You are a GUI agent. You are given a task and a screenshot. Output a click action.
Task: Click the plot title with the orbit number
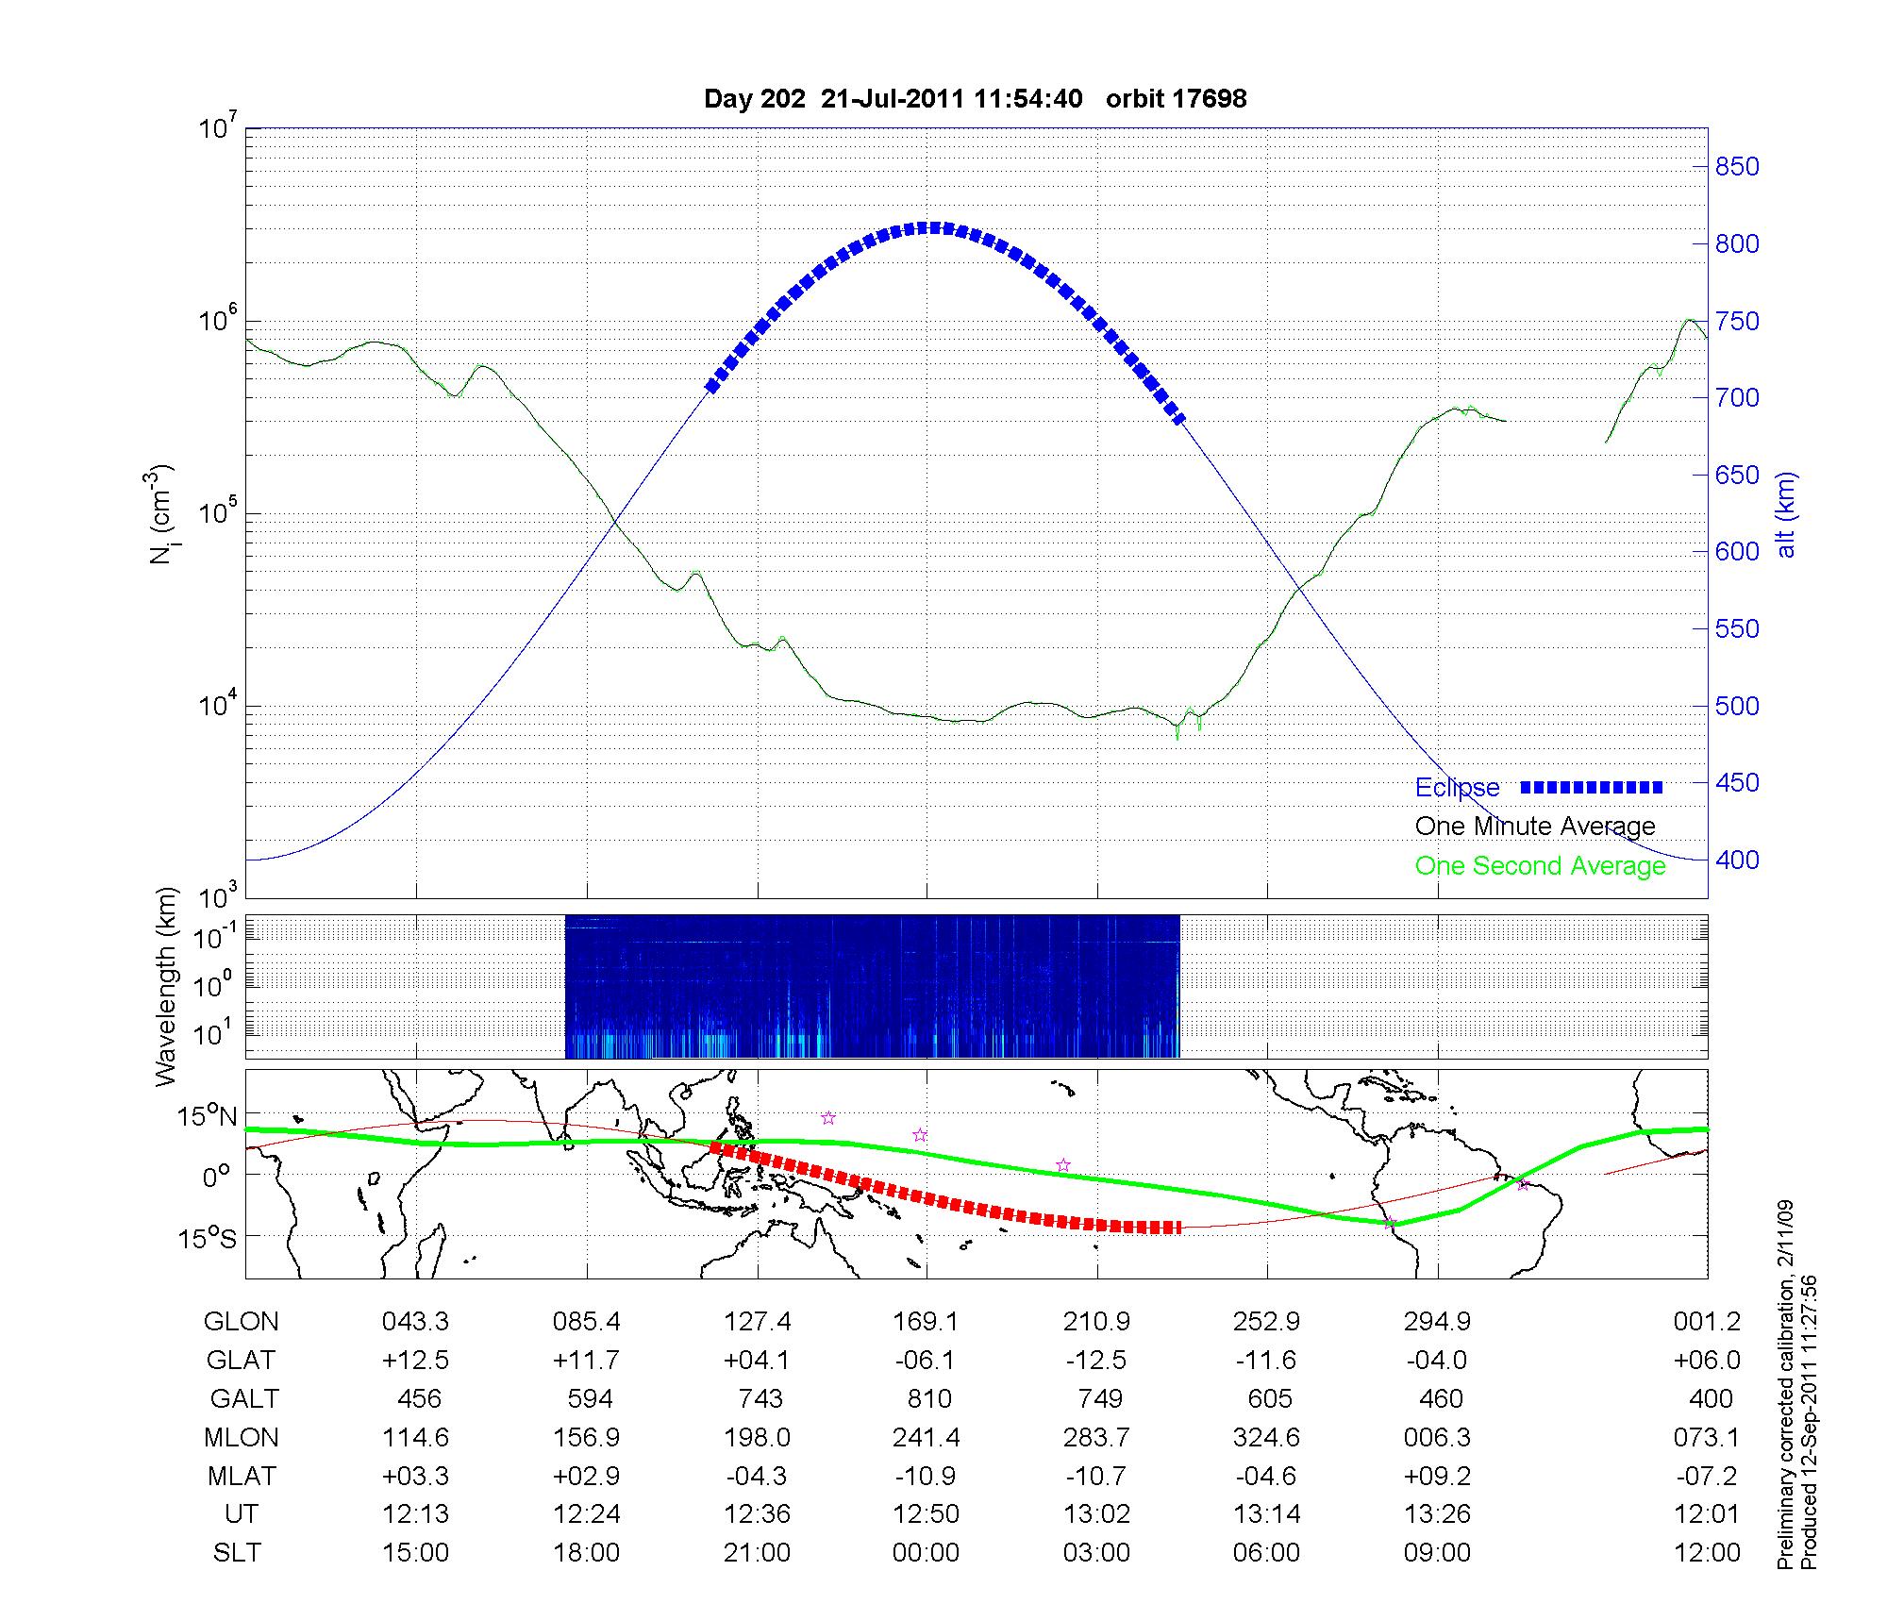point(975,98)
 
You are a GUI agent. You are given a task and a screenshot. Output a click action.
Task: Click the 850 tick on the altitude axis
point(1736,167)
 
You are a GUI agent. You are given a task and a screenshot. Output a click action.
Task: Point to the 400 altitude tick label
point(1736,860)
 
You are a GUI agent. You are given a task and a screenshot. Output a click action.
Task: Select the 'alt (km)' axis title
point(1786,514)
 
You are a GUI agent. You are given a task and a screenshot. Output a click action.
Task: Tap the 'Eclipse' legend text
point(1457,788)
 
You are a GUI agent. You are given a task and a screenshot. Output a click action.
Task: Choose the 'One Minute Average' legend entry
point(1535,827)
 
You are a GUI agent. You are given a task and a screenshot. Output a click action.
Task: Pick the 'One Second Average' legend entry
point(1540,866)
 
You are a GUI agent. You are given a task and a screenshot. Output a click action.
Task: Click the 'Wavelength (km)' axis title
point(166,986)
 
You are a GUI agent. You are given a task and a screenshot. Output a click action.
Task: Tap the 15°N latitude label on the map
point(208,1117)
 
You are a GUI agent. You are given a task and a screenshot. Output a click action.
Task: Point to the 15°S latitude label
point(208,1237)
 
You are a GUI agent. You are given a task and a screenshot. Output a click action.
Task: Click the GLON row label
point(241,1322)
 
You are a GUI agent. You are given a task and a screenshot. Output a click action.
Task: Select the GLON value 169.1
point(926,1322)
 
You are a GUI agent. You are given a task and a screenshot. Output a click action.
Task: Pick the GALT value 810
point(928,1398)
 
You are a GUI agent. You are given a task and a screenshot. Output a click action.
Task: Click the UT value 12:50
point(926,1513)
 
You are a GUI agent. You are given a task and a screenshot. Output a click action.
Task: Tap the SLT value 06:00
point(1266,1552)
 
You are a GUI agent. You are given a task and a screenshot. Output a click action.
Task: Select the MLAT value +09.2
point(1436,1476)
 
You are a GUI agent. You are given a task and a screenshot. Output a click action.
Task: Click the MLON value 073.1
point(1706,1437)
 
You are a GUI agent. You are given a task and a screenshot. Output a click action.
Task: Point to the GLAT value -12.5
point(1095,1361)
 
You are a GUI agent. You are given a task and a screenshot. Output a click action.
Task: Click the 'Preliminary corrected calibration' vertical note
point(1785,1387)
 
